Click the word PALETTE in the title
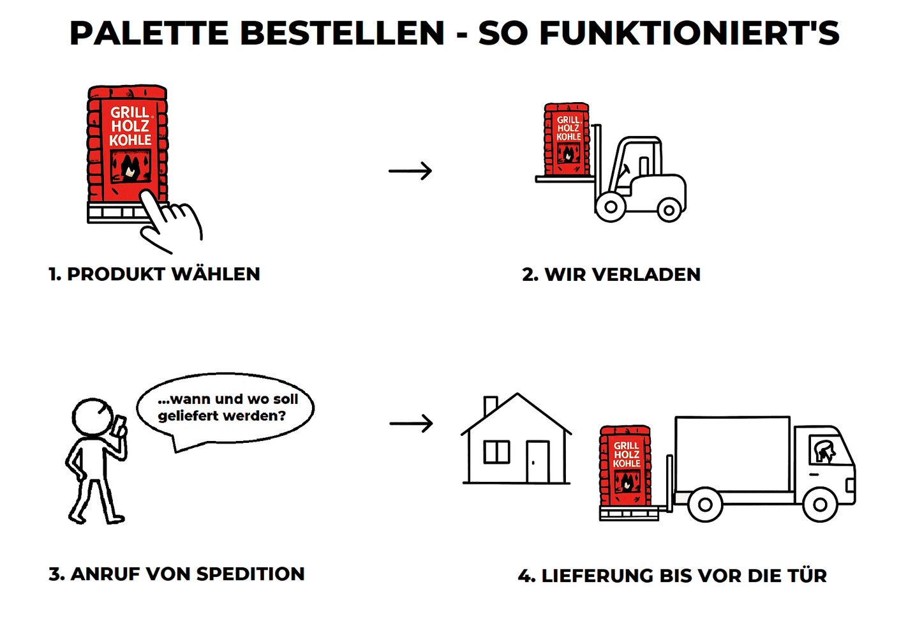coord(149,33)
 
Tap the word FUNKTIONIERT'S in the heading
coord(690,33)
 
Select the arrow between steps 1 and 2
coord(410,170)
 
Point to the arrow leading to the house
coord(411,423)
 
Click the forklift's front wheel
coord(611,207)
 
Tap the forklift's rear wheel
coord(669,211)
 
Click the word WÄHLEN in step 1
coord(216,274)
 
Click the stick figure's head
coord(93,416)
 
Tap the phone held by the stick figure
coord(121,424)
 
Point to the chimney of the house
coord(491,406)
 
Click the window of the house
coord(496,452)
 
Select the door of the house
coord(537,461)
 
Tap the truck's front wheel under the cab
coord(820,504)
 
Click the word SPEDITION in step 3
coord(250,574)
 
